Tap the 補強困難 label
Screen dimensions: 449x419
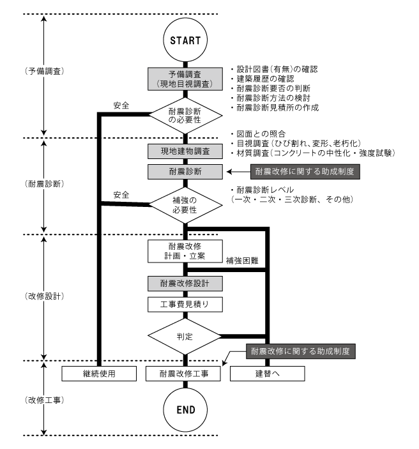pos(241,261)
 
